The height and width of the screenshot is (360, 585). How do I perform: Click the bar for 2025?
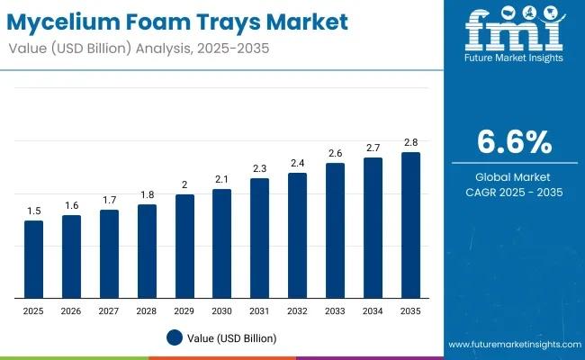point(33,259)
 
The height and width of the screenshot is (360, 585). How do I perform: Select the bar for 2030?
point(221,243)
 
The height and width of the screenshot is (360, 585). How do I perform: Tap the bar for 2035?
point(410,225)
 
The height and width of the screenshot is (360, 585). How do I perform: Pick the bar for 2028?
point(147,251)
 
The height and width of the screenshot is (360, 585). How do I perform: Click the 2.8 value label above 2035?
point(410,142)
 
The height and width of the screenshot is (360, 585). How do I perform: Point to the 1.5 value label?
point(33,211)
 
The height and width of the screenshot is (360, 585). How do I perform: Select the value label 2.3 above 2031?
point(259,168)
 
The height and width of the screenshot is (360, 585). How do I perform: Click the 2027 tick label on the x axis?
point(109,310)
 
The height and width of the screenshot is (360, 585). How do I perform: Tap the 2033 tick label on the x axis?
point(335,310)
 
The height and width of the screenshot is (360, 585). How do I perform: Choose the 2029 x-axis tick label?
point(184,310)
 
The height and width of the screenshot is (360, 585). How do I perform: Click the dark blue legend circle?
point(175,337)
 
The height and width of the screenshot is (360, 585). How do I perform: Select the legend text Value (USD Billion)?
point(232,337)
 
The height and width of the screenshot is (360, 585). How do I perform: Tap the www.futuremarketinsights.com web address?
point(511,345)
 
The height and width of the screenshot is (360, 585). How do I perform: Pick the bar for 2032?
point(297,235)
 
